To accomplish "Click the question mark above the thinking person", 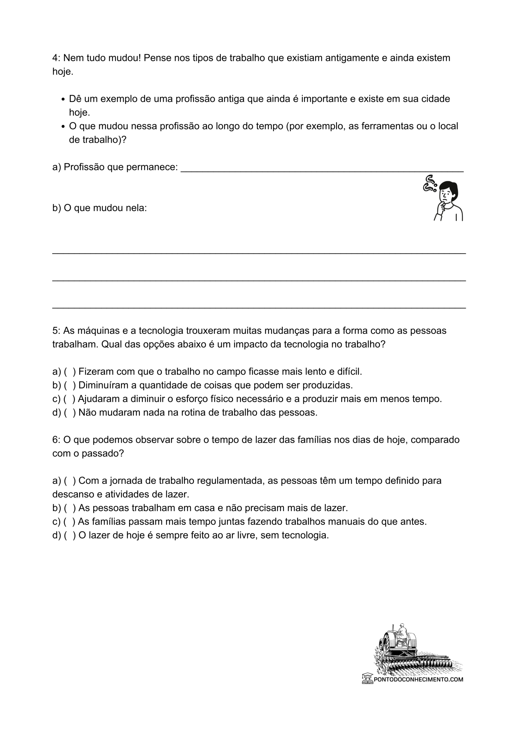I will point(430,183).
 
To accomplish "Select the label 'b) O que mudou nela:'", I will point(99,208).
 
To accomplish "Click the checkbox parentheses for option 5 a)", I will point(70,371).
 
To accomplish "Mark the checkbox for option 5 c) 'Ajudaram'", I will point(69,399).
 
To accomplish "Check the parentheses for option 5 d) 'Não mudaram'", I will point(70,413).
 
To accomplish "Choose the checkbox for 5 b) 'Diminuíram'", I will point(70,385).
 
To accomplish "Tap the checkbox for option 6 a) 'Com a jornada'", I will point(70,480).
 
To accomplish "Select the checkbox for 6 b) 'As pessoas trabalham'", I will point(70,508).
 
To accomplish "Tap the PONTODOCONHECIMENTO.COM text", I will point(418,679).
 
